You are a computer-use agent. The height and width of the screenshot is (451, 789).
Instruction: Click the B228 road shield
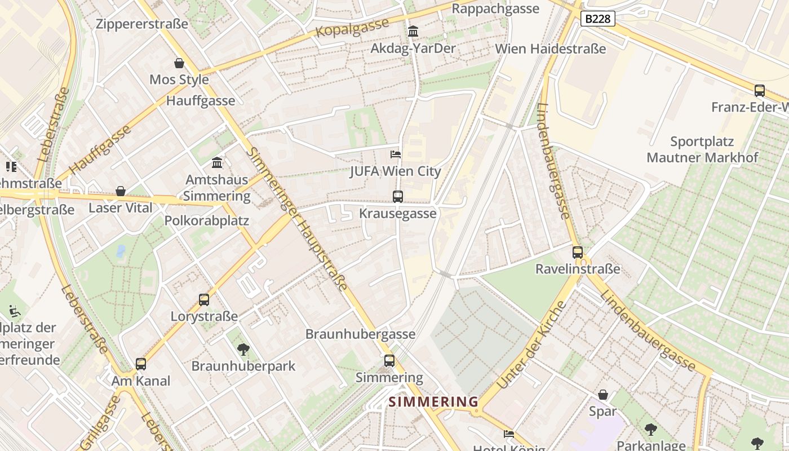coord(597,19)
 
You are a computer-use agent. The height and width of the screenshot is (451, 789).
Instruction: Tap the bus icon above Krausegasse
coord(398,197)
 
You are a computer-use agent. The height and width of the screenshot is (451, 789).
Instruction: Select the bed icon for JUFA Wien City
coord(396,154)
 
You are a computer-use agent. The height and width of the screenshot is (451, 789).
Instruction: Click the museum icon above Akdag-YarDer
coord(413,31)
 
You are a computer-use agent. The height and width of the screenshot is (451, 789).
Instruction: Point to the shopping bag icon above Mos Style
coord(179,63)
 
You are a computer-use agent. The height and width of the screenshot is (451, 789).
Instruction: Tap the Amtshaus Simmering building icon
coord(217,163)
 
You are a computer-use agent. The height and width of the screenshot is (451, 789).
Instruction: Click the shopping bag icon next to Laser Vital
coord(120,191)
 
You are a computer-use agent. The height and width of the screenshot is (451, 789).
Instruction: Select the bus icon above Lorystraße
coord(204,300)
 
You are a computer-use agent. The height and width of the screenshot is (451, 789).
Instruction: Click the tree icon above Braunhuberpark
coord(243,350)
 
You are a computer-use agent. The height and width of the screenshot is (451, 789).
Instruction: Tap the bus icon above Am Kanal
coord(141,364)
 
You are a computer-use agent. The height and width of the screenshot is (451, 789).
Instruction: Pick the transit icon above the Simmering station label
coord(389,361)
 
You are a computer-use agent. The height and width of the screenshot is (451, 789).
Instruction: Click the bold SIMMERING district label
coord(433,402)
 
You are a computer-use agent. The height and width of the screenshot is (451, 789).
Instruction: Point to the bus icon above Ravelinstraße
coord(578,253)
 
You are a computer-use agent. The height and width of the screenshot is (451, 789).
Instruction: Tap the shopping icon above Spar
coord(603,395)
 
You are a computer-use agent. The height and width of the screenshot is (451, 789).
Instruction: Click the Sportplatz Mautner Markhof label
coord(702,149)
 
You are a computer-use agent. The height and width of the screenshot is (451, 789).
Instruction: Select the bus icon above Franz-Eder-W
coord(760,90)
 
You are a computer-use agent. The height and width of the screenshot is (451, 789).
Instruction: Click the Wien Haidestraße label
coord(550,48)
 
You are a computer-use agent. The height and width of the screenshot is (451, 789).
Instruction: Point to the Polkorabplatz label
coord(206,220)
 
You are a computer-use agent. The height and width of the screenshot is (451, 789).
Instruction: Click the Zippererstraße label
coord(142,24)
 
